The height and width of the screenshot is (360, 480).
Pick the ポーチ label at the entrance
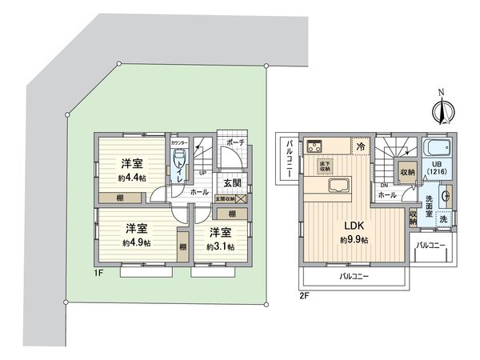pos(234,142)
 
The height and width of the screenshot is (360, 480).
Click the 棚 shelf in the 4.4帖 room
pos(118,197)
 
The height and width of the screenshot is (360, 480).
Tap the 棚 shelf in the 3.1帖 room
pos(231,214)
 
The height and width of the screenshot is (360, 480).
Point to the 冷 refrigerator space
pos(361,146)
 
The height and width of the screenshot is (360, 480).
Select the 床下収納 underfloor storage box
pos(325,166)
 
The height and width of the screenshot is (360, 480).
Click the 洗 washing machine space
pos(444,218)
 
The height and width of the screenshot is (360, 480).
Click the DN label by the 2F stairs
pos(385,186)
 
